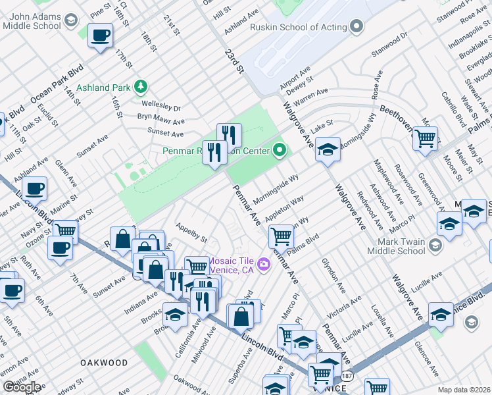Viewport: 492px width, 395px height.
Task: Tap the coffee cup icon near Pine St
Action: (100, 36)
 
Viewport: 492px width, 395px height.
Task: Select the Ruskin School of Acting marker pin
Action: (357, 27)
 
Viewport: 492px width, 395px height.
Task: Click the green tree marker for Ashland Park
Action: (139, 86)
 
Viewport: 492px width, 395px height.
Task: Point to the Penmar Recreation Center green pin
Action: (280, 151)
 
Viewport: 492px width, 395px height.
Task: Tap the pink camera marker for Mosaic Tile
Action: (264, 265)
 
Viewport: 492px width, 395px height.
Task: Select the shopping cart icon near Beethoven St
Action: (425, 139)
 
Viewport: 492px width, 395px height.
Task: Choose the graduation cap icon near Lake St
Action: (327, 149)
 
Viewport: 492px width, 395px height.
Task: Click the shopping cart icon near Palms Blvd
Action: (281, 235)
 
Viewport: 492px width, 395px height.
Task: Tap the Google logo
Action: (22, 387)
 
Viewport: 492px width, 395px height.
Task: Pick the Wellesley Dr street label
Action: (159, 105)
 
